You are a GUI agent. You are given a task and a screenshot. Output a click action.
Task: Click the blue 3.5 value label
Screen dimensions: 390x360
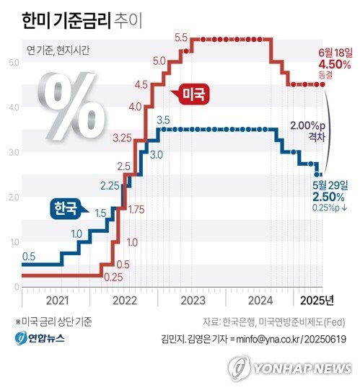click(x=162, y=120)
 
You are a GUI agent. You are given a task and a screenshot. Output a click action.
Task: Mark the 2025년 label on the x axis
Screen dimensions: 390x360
click(x=315, y=299)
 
